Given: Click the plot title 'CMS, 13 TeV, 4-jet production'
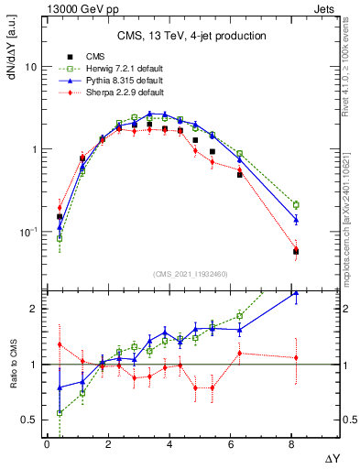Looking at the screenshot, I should coord(191,36).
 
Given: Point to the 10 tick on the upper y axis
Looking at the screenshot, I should coord(30,68).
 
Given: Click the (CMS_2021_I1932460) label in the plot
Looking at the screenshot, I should coord(190,274).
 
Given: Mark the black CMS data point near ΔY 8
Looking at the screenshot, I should coord(296,251).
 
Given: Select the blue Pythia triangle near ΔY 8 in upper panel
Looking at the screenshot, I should coord(296,219).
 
